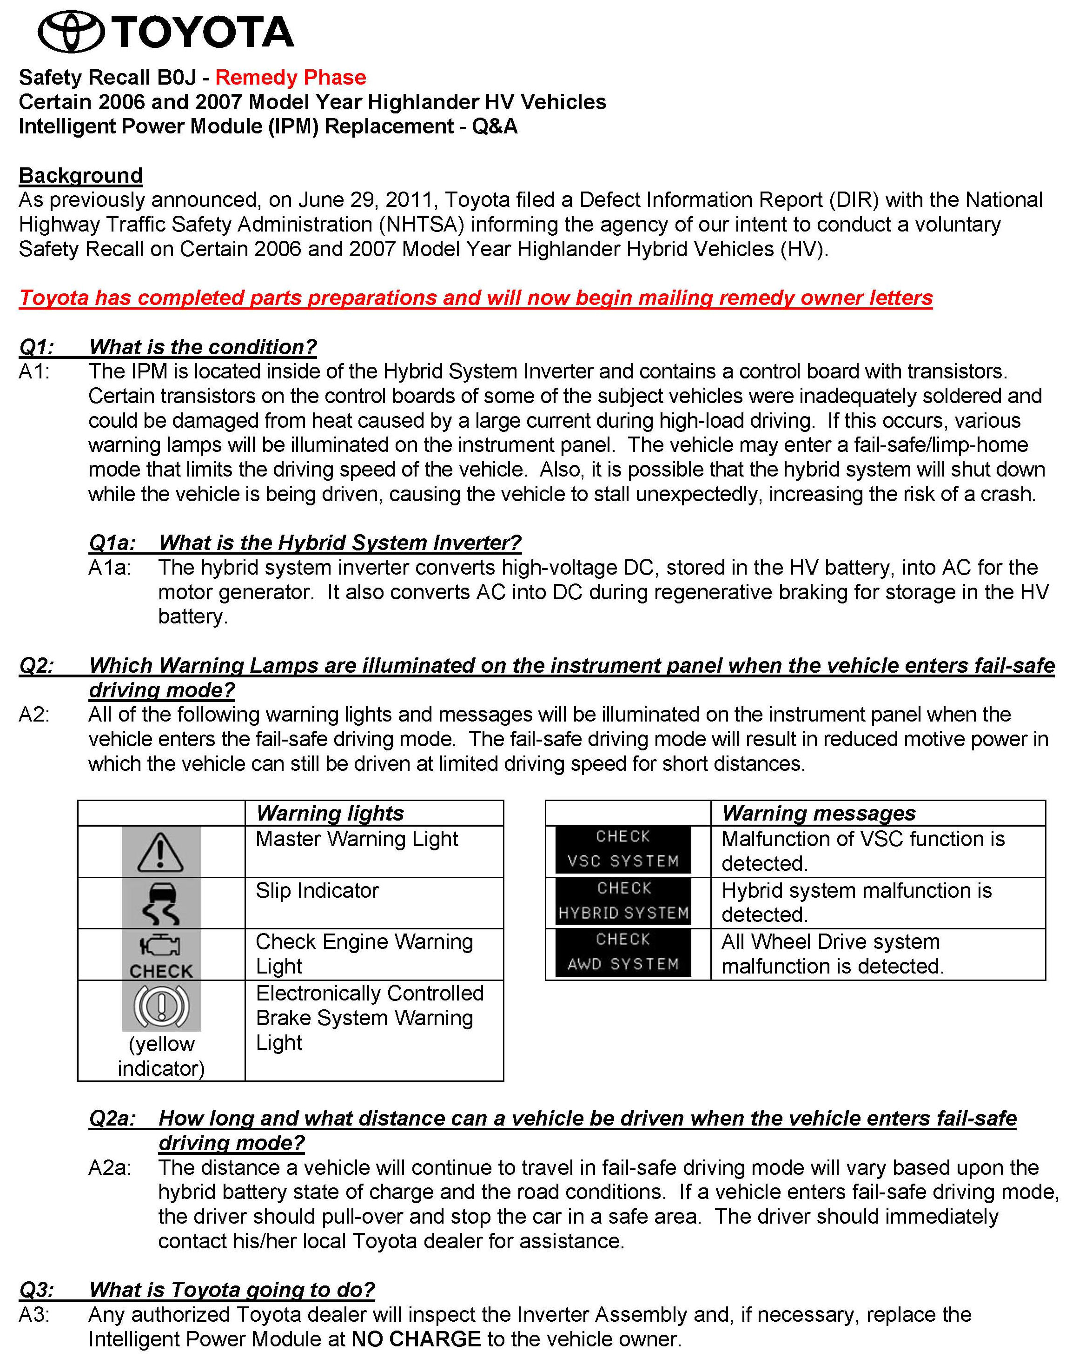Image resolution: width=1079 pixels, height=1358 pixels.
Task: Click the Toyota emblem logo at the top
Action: pos(71,32)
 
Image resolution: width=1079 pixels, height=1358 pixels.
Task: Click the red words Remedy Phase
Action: pos(291,78)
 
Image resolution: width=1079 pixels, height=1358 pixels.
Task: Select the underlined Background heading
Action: pos(80,175)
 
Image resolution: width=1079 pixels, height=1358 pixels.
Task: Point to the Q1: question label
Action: pos(37,347)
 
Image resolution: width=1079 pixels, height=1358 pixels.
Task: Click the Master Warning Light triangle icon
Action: pos(161,852)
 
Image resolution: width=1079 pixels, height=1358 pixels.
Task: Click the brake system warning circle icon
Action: pos(161,1006)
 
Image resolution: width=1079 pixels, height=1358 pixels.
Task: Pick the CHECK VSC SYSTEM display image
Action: pos(623,850)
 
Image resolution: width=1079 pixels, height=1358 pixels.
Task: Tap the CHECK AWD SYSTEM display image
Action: pos(623,952)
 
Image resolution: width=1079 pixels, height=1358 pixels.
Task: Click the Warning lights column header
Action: pos(330,813)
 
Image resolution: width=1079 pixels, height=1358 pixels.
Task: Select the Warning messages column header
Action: pos(818,813)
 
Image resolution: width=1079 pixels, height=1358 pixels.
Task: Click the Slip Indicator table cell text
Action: pos(317,891)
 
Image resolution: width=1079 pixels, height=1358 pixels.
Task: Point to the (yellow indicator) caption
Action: pos(161,1056)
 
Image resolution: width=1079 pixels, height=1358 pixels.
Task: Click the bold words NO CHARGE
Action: pos(416,1339)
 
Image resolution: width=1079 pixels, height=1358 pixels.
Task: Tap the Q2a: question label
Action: pos(112,1118)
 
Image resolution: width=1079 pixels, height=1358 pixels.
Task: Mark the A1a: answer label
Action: pos(110,568)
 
